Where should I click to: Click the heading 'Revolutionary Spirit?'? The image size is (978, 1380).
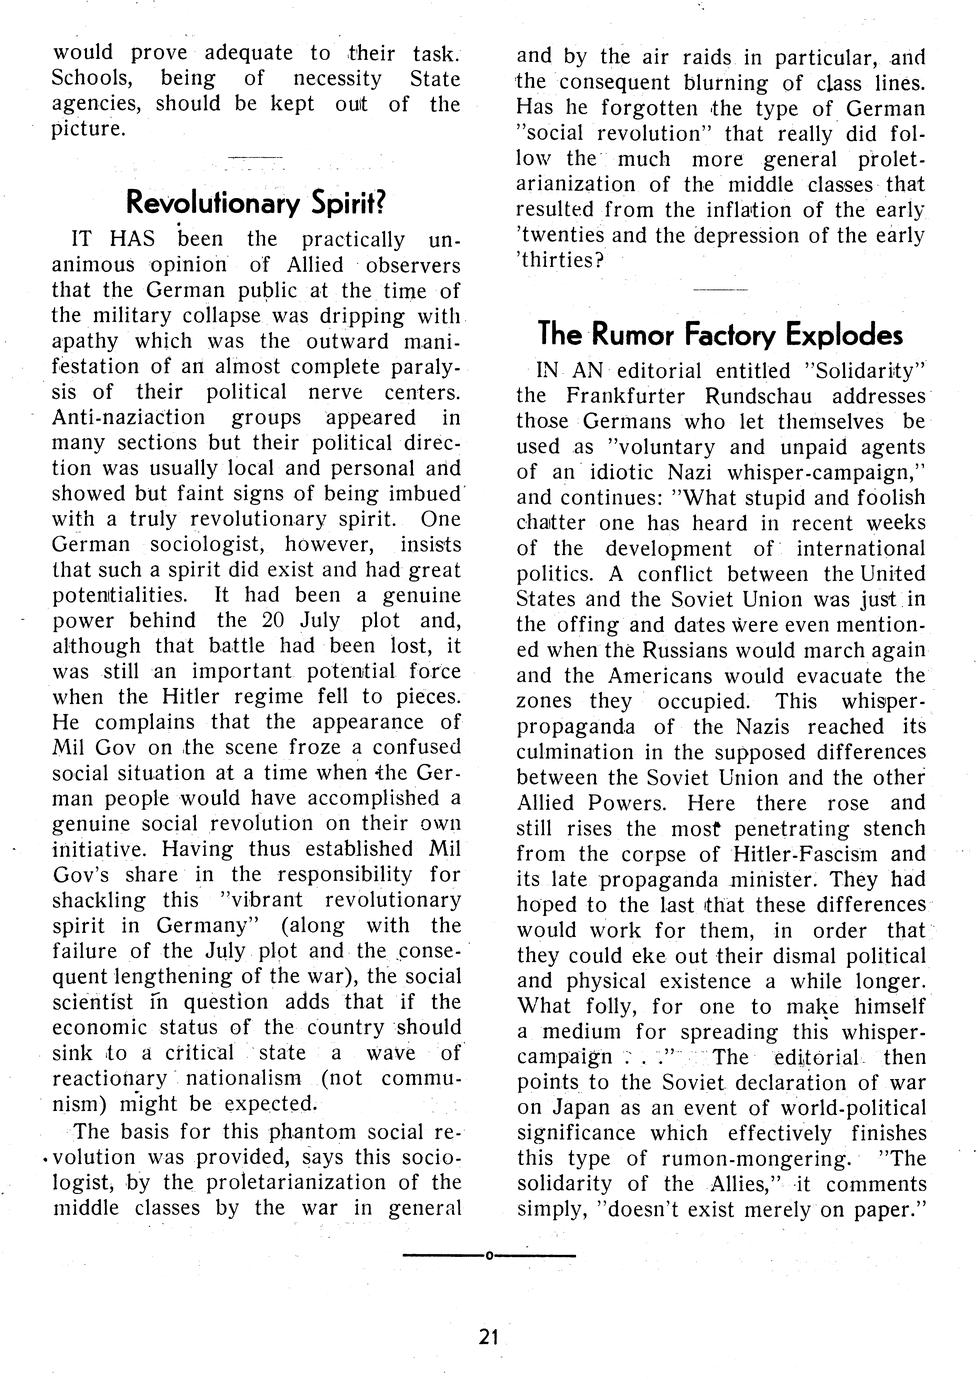coord(255,203)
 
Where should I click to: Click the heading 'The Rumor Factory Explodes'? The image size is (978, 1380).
coord(720,332)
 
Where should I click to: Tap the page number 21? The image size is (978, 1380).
coord(488,1336)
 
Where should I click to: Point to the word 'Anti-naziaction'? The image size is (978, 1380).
coord(129,417)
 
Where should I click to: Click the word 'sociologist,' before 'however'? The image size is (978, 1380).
coord(209,544)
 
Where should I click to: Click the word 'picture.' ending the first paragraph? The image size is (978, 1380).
coord(90,130)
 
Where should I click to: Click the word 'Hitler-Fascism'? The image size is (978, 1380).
coord(804,854)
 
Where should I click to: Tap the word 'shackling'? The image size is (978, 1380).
coord(98,900)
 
